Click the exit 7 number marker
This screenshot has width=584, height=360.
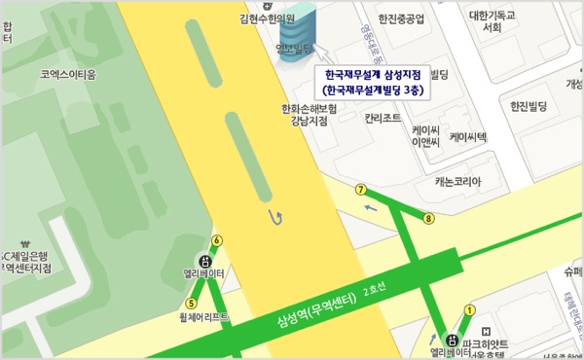coord(361,189)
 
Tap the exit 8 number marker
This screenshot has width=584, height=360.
coord(428,219)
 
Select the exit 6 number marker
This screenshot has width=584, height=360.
coord(216,240)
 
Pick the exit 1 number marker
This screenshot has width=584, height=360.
coord(469,309)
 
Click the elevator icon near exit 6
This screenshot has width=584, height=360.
coord(204,260)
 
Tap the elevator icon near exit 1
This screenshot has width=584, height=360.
coord(451,339)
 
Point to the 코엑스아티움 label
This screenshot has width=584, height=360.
coord(69,73)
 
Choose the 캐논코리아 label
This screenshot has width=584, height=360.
coord(457,181)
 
